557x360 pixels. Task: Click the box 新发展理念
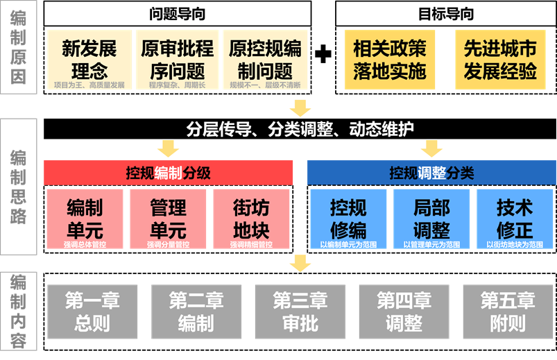point(89,60)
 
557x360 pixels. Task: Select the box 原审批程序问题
point(177,60)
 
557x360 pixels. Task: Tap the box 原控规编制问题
point(265,60)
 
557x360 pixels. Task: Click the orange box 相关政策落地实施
point(390,60)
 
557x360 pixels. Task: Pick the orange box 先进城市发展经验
point(500,60)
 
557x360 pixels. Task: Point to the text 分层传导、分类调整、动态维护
point(300,129)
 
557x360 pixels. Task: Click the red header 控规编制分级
point(169,172)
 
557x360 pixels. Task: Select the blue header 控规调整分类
point(431,172)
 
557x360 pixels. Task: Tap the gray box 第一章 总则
point(92,311)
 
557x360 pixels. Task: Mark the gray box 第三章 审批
point(300,311)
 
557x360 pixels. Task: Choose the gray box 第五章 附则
point(508,311)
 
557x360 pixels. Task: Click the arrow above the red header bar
point(169,148)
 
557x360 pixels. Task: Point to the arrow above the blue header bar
point(431,148)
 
